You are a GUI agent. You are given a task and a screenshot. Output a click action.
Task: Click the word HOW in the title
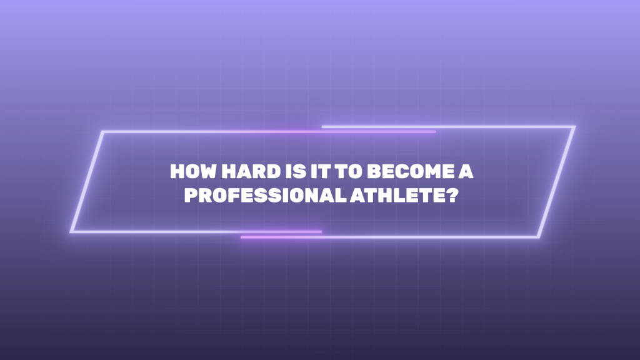[x=193, y=171]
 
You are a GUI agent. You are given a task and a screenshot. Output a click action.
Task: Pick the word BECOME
[x=410, y=171]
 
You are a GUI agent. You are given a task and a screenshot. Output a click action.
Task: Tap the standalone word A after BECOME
[x=466, y=171]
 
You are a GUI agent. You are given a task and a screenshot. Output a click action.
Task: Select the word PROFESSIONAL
[x=265, y=195]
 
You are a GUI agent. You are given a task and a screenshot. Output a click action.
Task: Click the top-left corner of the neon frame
[x=102, y=132]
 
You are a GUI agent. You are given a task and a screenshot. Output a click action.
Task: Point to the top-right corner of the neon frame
[x=575, y=127]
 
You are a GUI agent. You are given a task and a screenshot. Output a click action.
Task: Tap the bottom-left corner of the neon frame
[x=71, y=232]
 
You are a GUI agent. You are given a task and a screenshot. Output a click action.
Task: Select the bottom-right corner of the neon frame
[x=539, y=237]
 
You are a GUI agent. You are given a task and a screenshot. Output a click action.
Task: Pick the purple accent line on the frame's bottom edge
[x=281, y=234]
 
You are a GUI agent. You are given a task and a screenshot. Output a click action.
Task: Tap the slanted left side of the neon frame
[x=86, y=182]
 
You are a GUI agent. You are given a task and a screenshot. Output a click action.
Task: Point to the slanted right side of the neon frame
[x=557, y=182]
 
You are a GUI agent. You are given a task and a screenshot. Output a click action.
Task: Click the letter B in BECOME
[x=374, y=171]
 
